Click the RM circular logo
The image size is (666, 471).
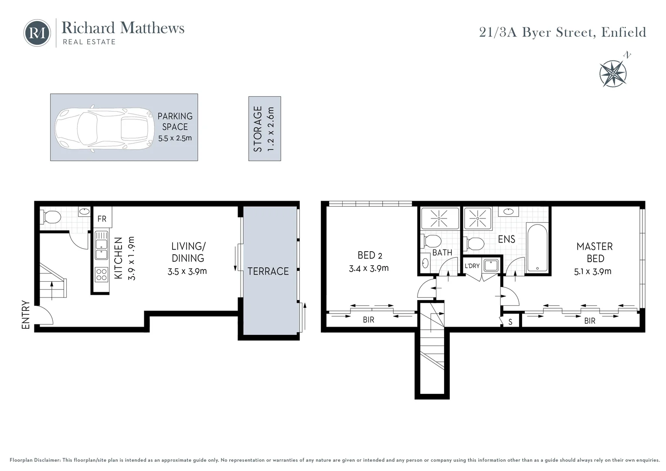point(37,33)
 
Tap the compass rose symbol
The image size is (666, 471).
point(613,73)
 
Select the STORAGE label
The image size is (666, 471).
point(258,129)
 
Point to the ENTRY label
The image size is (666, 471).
point(26,314)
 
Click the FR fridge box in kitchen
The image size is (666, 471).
point(102,218)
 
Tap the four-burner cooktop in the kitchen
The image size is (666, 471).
point(102,274)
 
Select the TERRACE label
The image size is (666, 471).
point(268,271)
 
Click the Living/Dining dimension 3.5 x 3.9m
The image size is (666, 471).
point(187,271)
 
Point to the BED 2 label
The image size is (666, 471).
point(370,255)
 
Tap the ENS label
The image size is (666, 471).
point(506,239)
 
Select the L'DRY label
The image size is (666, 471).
point(472,266)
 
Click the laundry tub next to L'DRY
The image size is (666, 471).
point(491,265)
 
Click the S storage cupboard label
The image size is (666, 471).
point(510,322)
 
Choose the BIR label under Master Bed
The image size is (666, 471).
point(589,321)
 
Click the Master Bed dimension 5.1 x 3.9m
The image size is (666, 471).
point(593,271)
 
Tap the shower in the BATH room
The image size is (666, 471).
point(439,218)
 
